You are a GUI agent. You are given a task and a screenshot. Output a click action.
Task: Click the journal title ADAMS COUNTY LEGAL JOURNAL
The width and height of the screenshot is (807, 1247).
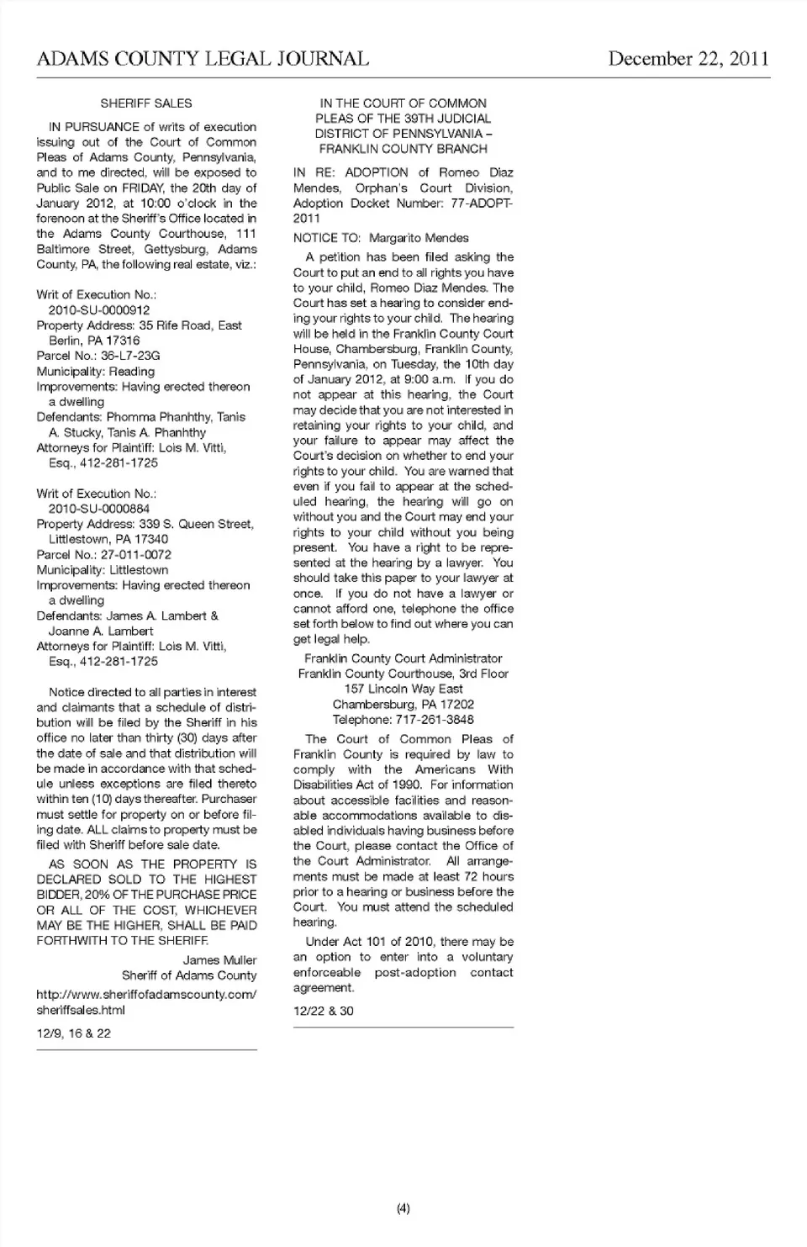tap(203, 58)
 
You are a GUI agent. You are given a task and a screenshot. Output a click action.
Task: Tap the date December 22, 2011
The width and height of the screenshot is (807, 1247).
tap(688, 58)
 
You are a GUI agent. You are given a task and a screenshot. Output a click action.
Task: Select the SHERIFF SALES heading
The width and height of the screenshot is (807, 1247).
tap(146, 103)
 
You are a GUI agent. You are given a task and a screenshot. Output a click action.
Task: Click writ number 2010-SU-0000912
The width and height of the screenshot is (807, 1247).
tap(99, 310)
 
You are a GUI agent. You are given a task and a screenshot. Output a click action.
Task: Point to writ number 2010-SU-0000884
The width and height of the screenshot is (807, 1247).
tap(99, 509)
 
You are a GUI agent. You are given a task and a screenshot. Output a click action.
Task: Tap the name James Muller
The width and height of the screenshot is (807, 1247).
tap(219, 960)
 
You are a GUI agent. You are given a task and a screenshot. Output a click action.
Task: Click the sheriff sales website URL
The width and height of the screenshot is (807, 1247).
tap(146, 1001)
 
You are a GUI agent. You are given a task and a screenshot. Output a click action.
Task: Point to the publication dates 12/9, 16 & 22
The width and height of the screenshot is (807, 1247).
tap(74, 1033)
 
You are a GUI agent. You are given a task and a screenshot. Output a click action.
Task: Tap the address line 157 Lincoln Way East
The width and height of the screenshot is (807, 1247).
tap(403, 689)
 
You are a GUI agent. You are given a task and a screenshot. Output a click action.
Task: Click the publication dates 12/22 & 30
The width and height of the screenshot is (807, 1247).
tap(324, 1012)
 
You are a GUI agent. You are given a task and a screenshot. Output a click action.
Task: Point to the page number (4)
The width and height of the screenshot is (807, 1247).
tap(403, 1209)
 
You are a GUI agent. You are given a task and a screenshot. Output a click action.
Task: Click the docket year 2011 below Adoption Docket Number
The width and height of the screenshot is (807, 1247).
tap(307, 219)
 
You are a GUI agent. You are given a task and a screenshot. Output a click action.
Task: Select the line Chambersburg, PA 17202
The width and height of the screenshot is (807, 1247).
tap(403, 705)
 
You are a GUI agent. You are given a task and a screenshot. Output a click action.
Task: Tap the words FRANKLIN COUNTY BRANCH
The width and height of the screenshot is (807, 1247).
tap(403, 149)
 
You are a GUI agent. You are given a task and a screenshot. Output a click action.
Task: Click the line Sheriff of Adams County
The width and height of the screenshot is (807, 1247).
tap(189, 975)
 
